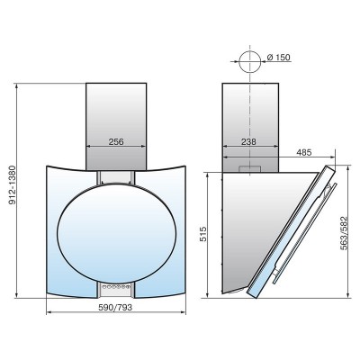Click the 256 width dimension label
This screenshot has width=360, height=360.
coord(116,141)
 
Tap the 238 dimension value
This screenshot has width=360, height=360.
coord(248,141)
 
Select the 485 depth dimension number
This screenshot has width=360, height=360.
coord(304,152)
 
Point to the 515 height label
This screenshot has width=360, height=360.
coord(203,234)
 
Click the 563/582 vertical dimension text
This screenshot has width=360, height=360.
coord(344,233)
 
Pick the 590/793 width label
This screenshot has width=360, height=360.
coord(115,307)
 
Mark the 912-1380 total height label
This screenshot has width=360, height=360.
coord(13,184)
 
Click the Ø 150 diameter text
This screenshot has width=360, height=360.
coord(278,57)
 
